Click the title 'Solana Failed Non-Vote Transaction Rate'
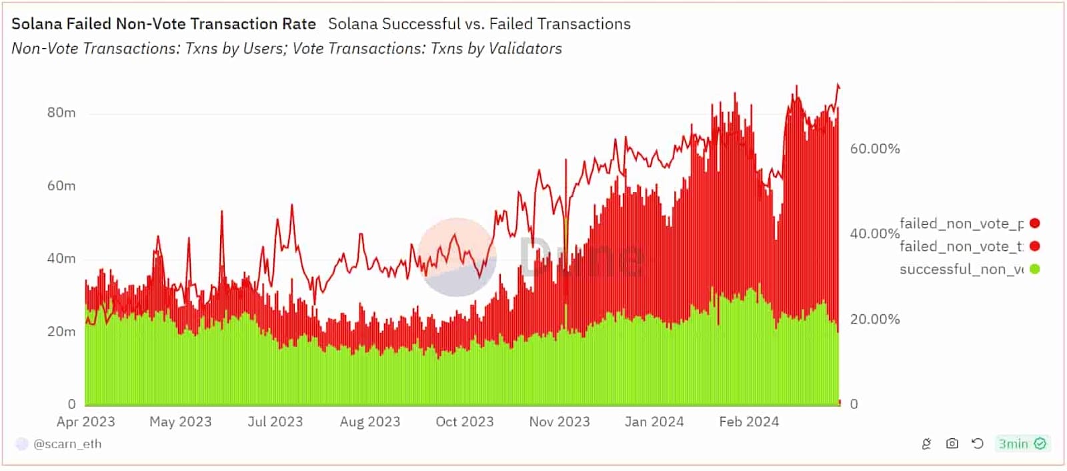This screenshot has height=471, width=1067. tap(163, 24)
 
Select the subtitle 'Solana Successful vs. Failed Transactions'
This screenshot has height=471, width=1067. tap(479, 24)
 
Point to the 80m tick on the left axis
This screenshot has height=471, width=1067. tap(61, 113)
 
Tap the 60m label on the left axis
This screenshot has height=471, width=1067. tap(61, 185)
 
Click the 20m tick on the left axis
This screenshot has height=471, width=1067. tap(61, 332)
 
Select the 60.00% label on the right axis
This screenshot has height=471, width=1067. tap(874, 149)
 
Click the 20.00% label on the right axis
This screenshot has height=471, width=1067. tap(874, 319)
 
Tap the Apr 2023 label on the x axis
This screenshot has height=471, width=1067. tap(85, 422)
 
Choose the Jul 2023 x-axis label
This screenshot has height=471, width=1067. tap(275, 422)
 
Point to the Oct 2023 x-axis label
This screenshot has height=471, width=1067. tap(464, 422)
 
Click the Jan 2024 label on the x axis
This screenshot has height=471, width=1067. tap(654, 422)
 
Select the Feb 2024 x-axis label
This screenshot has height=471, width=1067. tap(748, 422)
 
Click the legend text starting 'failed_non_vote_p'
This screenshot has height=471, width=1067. tap(961, 223)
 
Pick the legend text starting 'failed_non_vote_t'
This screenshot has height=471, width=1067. tap(961, 246)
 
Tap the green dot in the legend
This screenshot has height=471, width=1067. tap(1034, 269)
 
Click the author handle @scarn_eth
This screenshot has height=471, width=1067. tap(67, 444)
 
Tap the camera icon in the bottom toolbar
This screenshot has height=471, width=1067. tap(952, 444)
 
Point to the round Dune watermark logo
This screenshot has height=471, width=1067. tap(457, 257)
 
